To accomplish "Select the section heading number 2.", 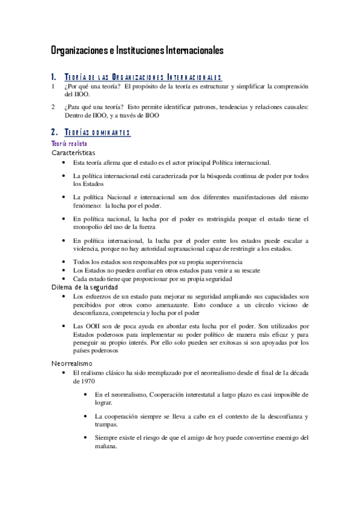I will click(54, 132).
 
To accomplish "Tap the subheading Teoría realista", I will click(69, 144).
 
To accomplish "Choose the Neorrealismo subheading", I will click(71, 364).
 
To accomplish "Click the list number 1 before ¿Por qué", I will click(53, 86).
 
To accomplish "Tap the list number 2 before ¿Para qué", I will click(53, 107).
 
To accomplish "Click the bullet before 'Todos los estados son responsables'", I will click(65, 263).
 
